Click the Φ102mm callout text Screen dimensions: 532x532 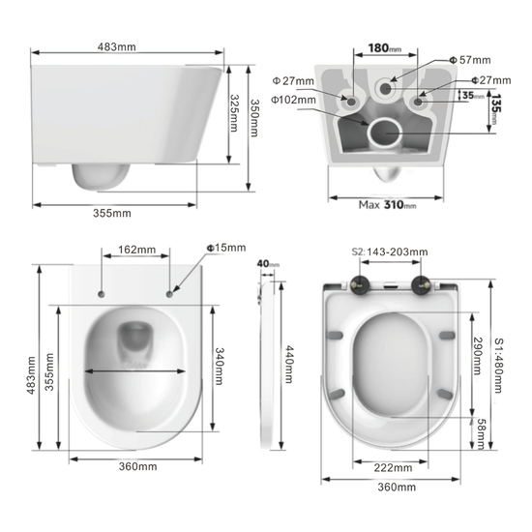pos(293,100)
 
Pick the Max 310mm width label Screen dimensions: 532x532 pos(387,204)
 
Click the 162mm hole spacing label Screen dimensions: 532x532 pos(136,250)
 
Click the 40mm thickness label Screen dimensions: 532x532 pos(267,263)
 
